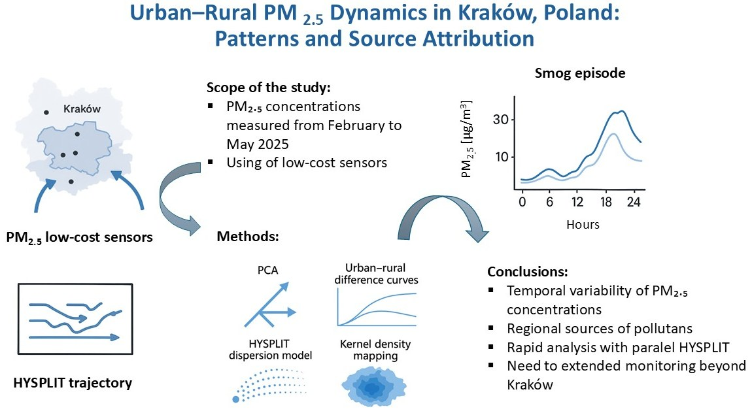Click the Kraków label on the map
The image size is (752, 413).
[x=82, y=108]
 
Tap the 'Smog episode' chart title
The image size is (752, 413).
[x=580, y=73]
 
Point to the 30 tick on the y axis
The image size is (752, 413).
[x=501, y=119]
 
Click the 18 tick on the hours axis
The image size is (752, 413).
[x=606, y=202]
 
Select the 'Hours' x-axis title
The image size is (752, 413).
[x=583, y=224]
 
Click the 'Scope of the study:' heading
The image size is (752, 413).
[x=269, y=88]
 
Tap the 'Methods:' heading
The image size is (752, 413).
[x=248, y=236]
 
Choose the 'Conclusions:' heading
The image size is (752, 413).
[x=528, y=272]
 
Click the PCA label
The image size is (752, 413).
[x=267, y=271]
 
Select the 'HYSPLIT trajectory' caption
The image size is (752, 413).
[x=73, y=383]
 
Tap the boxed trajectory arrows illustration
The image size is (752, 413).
[x=75, y=319]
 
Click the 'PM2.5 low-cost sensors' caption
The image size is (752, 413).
[x=80, y=237]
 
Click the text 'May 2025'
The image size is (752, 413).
[x=258, y=144]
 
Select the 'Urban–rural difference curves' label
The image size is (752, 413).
[x=376, y=274]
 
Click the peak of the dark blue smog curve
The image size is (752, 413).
[x=622, y=111]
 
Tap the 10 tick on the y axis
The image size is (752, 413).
[x=501, y=157]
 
